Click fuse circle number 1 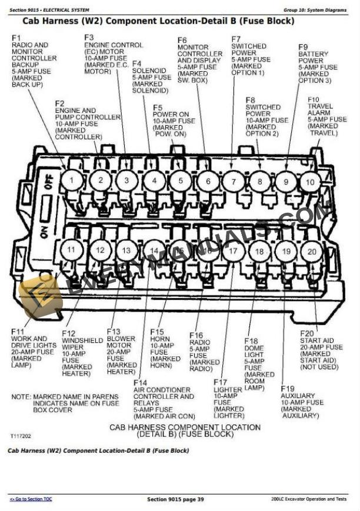pyautogui.click(x=72, y=180)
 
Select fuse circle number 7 pyautogui.click(x=234, y=182)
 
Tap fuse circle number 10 pyautogui.click(x=310, y=182)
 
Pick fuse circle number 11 pyautogui.click(x=71, y=249)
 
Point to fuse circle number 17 pyautogui.click(x=234, y=251)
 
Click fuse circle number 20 pyautogui.click(x=312, y=252)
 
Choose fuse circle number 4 pyautogui.click(x=154, y=181)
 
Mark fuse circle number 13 pyautogui.click(x=126, y=251)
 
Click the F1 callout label pyautogui.click(x=16, y=38)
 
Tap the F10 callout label pyautogui.click(x=314, y=99)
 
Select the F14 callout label pyautogui.click(x=141, y=383)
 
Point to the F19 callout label pyautogui.click(x=288, y=389)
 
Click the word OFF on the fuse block pyautogui.click(x=48, y=182)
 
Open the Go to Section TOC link pyautogui.click(x=31, y=499)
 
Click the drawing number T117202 pyautogui.click(x=20, y=436)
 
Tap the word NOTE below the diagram pyautogui.click(x=21, y=397)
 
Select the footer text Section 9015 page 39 pyautogui.click(x=175, y=499)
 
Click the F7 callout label pyautogui.click(x=236, y=39)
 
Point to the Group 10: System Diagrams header pyautogui.click(x=315, y=10)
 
